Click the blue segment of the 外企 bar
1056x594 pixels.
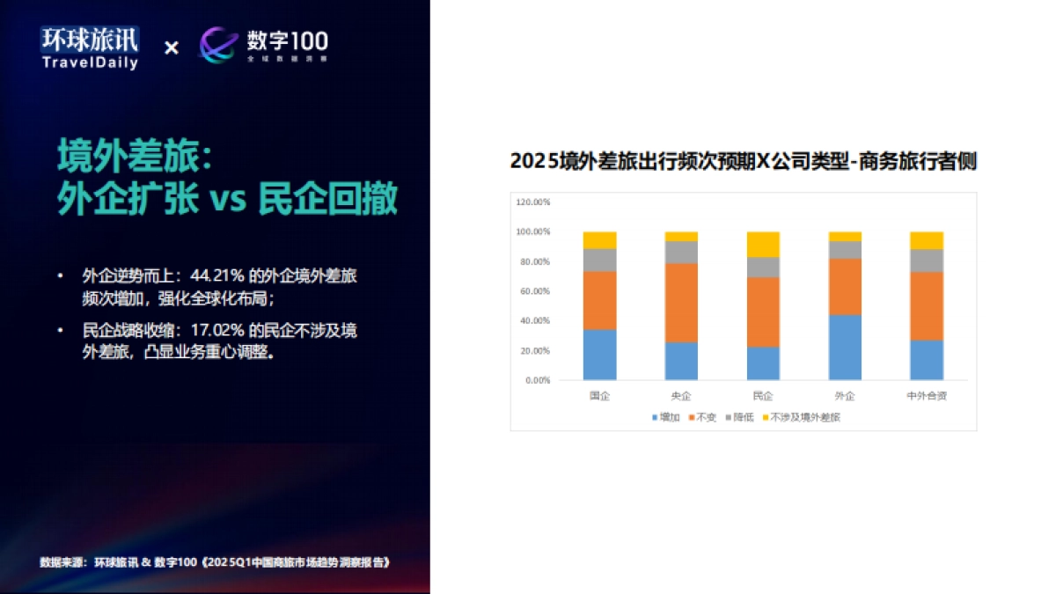[845, 348]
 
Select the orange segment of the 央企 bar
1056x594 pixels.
[681, 303]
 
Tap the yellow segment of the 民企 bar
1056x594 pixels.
[763, 245]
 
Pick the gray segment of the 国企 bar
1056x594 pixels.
[599, 260]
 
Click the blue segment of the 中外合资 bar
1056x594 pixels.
[926, 360]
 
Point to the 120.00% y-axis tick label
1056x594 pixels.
[533, 202]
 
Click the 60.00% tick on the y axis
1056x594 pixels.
[535, 291]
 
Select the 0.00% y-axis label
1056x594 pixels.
[538, 380]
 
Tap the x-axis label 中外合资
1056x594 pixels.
[926, 396]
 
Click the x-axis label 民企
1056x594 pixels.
[763, 396]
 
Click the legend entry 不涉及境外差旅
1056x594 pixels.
[800, 417]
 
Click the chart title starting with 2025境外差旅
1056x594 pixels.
[744, 162]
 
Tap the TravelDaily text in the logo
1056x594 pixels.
[90, 62]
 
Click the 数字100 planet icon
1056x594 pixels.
[218, 45]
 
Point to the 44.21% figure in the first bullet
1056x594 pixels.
[214, 276]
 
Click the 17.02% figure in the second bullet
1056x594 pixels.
[216, 331]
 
